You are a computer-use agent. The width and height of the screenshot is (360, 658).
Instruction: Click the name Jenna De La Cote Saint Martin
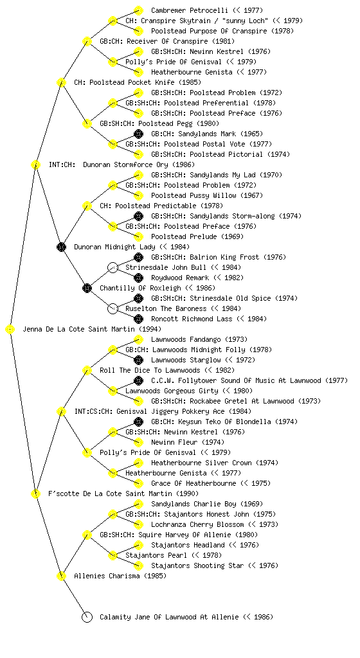tap(79, 330)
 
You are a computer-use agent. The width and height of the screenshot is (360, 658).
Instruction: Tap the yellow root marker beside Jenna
tap(10, 330)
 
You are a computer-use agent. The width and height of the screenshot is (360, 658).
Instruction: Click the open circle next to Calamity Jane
tap(87, 618)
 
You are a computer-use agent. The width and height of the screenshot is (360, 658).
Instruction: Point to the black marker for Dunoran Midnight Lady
tap(61, 247)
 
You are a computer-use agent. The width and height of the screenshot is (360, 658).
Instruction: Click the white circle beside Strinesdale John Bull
tap(113, 268)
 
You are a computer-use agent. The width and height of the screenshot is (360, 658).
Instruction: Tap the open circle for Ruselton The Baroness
tap(113, 309)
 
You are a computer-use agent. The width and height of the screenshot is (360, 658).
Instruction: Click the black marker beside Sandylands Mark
tap(138, 134)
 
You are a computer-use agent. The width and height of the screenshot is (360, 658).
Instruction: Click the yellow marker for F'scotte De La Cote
tap(35, 494)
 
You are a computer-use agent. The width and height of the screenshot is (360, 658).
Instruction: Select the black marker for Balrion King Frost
tap(138, 258)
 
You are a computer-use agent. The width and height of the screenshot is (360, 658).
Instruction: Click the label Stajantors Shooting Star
tap(197, 565)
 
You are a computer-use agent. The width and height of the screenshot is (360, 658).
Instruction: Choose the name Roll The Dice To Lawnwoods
tap(150, 371)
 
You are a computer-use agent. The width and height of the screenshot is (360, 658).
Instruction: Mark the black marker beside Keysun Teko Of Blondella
tap(138, 422)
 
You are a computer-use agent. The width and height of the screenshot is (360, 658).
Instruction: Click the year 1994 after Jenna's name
tap(150, 330)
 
